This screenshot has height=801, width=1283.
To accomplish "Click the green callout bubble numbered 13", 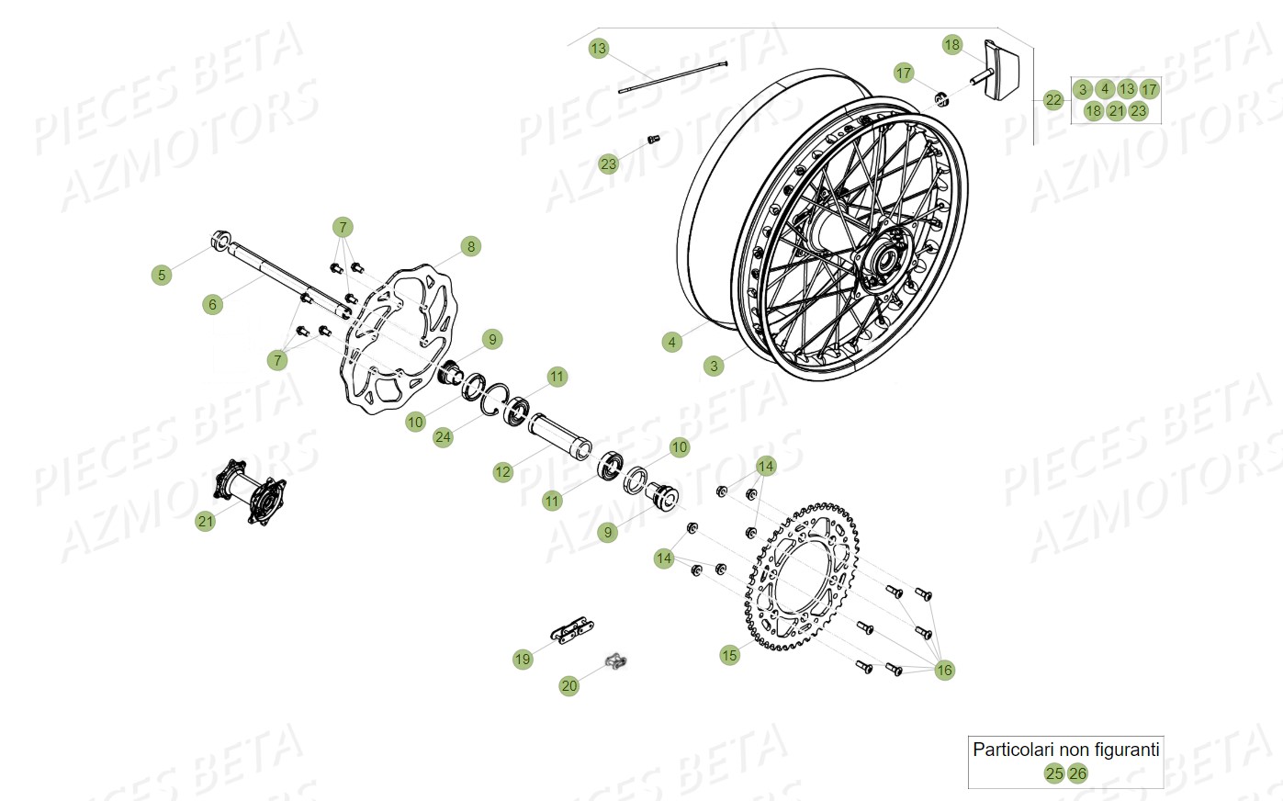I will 599,48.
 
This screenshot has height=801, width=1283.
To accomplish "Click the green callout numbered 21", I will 205,521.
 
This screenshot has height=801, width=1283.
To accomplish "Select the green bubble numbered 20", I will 569,685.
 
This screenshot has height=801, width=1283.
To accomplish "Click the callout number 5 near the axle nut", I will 162,275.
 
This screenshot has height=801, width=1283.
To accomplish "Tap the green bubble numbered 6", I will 213,304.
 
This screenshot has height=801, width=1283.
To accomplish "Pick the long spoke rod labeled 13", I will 673,77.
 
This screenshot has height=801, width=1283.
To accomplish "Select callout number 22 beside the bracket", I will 1053,100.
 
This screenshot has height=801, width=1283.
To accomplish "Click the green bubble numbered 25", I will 1054,773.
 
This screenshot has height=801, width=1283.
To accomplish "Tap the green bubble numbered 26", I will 1077,773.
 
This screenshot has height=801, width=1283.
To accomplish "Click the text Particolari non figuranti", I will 1065,750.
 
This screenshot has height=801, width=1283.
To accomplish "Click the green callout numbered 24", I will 444,436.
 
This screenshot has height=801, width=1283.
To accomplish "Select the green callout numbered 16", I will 944,670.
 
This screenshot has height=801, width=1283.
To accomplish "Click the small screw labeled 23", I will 653,139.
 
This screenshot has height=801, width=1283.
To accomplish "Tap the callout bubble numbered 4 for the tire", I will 672,342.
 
